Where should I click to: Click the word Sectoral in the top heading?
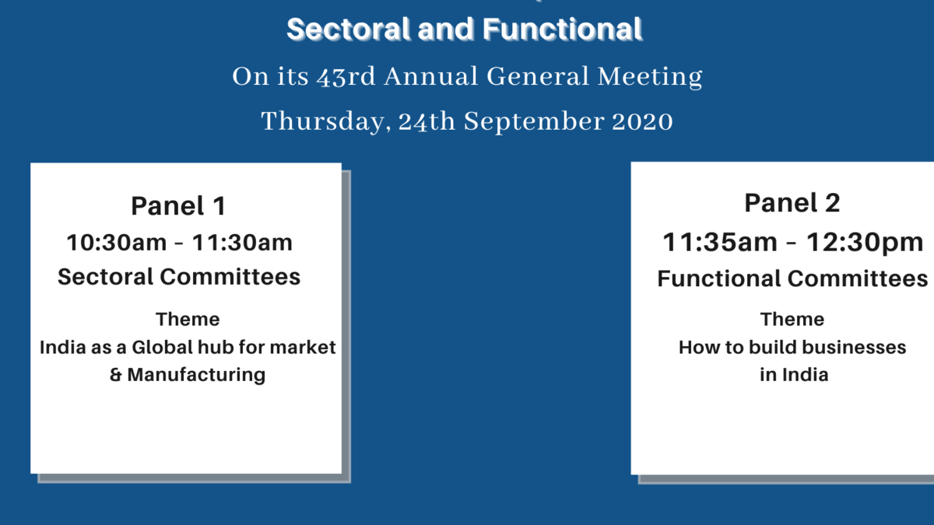[348, 30]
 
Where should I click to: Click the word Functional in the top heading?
[562, 30]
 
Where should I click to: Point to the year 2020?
[642, 121]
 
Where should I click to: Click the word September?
[534, 121]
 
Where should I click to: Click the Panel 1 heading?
[178, 206]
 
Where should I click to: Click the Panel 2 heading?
[792, 203]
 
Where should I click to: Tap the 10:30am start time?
[116, 243]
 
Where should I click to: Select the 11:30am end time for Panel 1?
[242, 243]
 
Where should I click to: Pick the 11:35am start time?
[720, 242]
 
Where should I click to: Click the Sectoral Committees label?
[179, 277]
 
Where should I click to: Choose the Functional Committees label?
[792, 278]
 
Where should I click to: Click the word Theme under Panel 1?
[188, 320]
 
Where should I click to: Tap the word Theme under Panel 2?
[792, 320]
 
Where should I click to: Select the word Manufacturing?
[196, 375]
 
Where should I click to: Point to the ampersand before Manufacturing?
[115, 375]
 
